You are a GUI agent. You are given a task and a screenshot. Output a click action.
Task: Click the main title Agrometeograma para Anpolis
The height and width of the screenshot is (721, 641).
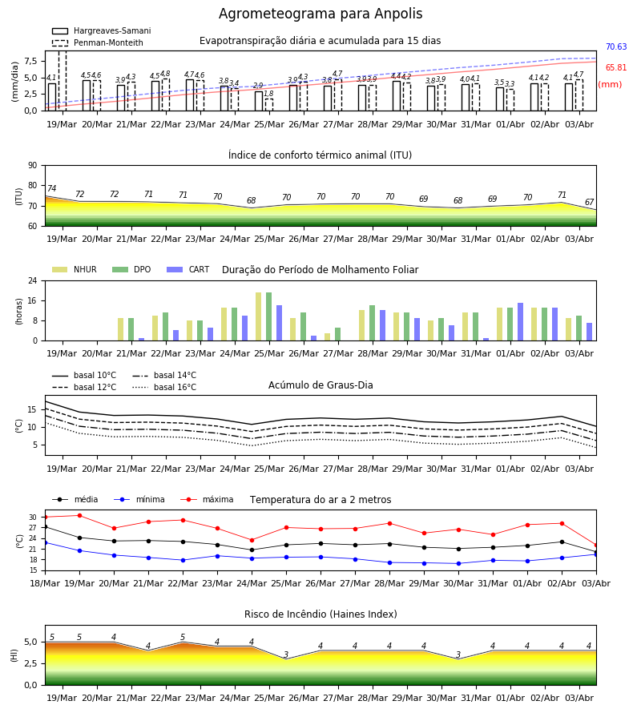pyautogui.click(x=320, y=14)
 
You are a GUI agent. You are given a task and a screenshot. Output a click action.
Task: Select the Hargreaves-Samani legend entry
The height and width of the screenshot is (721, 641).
pyautogui.click(x=102, y=30)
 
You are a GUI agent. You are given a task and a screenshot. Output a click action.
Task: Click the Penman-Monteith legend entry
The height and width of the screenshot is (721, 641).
pyautogui.click(x=98, y=42)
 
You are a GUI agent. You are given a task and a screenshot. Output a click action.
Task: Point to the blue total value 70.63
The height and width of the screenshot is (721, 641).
pyautogui.click(x=616, y=47)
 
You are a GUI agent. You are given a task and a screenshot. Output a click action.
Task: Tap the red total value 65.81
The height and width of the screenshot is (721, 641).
pyautogui.click(x=616, y=67)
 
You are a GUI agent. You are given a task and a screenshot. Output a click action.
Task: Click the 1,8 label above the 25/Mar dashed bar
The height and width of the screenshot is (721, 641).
pyautogui.click(x=268, y=94)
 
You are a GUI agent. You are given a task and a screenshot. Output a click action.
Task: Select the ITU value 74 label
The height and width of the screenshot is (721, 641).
pyautogui.click(x=51, y=188)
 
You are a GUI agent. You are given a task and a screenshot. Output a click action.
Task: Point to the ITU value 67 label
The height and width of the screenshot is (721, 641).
pyautogui.click(x=590, y=202)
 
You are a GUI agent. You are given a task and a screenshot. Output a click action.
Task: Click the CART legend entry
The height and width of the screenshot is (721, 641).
pyautogui.click(x=188, y=269)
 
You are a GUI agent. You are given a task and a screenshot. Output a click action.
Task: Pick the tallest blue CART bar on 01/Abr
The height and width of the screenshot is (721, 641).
pyautogui.click(x=521, y=322)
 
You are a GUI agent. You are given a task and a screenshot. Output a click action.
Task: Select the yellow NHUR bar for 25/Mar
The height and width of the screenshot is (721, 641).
pyautogui.click(x=259, y=316)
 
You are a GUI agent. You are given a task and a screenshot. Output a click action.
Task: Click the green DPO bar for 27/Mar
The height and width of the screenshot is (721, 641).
pyautogui.click(x=337, y=334)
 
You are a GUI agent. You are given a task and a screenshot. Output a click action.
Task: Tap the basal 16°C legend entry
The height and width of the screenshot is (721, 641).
pyautogui.click(x=164, y=387)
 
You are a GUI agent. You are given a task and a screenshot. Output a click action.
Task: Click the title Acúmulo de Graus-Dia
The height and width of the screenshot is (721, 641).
pyautogui.click(x=320, y=385)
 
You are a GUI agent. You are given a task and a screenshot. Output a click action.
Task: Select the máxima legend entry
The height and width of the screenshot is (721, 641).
pyautogui.click(x=207, y=499)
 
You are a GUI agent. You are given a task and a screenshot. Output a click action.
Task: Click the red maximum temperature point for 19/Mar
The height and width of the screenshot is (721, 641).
pyautogui.click(x=79, y=515)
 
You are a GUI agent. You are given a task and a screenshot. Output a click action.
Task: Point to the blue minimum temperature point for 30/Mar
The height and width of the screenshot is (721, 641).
pyautogui.click(x=458, y=563)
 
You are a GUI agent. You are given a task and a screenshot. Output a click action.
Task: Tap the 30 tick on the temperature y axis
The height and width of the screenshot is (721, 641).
pyautogui.click(x=33, y=518)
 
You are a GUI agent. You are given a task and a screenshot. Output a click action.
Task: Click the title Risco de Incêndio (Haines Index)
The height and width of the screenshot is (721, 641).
pyautogui.click(x=320, y=614)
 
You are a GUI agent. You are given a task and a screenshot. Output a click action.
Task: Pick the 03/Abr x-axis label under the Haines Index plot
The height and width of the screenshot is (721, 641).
pyautogui.click(x=579, y=698)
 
